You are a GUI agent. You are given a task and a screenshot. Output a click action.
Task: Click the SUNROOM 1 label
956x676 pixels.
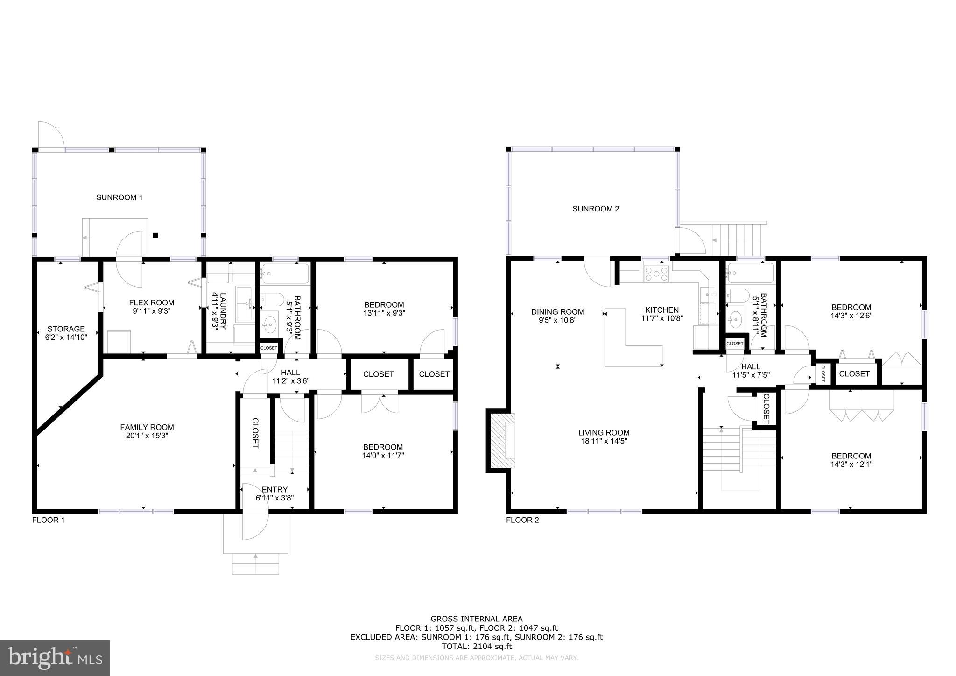point(119,197)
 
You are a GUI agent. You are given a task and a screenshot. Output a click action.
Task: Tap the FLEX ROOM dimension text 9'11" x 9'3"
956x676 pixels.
point(152,311)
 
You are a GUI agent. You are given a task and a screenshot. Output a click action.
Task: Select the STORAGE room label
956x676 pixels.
point(66,329)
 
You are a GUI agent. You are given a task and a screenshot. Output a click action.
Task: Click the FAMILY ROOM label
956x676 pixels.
point(147,427)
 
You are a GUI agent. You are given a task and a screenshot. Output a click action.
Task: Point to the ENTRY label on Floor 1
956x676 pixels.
point(274,489)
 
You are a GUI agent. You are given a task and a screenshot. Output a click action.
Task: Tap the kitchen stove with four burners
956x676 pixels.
point(656,273)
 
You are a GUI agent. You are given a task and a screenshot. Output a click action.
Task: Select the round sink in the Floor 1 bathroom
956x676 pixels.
point(270,323)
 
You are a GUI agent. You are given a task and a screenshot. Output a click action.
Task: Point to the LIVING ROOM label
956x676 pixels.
point(604,433)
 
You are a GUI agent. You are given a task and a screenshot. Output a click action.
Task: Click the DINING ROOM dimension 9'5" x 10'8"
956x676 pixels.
point(557,321)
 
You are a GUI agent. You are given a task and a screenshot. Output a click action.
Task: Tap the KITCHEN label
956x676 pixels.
point(662,310)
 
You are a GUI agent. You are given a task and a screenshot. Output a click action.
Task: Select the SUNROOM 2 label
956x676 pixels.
point(596,209)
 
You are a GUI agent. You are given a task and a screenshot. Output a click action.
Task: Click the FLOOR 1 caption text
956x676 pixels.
point(48,520)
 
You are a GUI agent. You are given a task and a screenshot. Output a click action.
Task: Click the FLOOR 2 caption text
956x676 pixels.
point(522,520)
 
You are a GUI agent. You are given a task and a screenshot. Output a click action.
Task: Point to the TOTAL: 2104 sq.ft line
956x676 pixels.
point(477,647)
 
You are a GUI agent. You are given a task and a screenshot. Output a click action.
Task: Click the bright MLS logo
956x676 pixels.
point(55,658)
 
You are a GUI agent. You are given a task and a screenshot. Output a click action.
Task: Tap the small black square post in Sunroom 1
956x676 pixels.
point(156,235)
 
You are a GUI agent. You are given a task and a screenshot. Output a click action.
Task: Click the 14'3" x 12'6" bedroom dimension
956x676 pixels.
point(851,316)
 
